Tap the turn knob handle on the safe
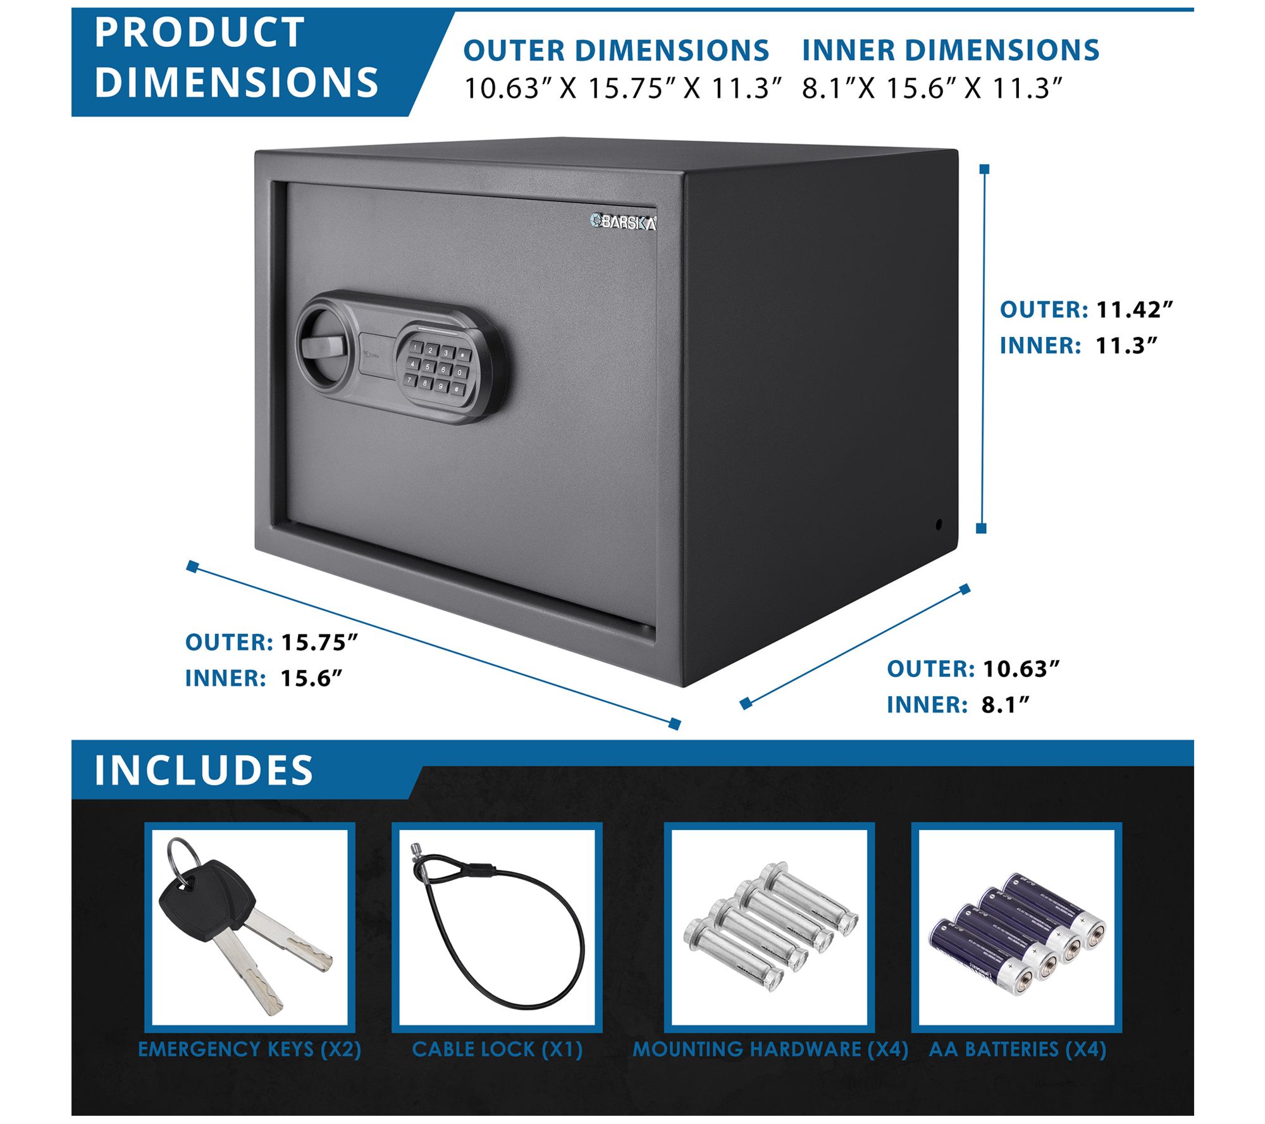point(324,346)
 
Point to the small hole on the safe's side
point(939,524)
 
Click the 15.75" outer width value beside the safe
point(319,642)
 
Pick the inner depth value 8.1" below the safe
point(1005,705)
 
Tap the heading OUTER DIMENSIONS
point(616,51)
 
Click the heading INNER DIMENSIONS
point(951,51)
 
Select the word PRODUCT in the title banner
point(200,32)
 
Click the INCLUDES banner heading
point(204,770)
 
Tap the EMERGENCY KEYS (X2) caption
point(250,1049)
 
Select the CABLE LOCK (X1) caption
point(497,1049)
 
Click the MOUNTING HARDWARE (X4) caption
point(770,1049)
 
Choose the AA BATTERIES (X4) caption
point(1017,1049)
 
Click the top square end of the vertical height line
point(984,169)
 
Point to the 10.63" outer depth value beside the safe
point(1021,669)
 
